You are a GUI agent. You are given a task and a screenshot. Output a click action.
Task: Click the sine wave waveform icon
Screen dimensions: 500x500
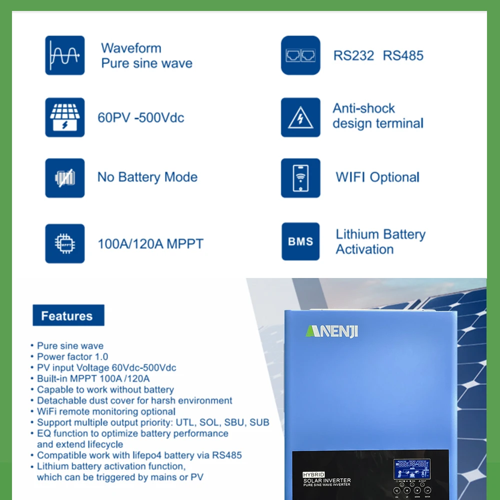(64, 55)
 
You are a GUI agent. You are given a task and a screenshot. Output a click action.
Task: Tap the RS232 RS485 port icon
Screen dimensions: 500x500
(300, 55)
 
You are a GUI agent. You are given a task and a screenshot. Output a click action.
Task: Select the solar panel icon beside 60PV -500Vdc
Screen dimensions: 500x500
(64, 117)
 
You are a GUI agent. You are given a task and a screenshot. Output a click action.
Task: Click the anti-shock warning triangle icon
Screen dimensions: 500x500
(300, 117)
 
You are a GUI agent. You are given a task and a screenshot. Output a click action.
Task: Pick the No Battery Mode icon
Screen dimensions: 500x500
(64, 177)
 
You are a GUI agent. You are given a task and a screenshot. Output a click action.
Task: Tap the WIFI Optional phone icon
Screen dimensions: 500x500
(300, 177)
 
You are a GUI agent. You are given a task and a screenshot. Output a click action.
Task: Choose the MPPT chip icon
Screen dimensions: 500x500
(64, 243)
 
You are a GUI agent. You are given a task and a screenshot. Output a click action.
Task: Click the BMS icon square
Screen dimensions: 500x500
(300, 241)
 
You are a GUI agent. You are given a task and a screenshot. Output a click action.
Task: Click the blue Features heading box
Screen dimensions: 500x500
(68, 315)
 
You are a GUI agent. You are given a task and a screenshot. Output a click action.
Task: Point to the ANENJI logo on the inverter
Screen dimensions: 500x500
(332, 331)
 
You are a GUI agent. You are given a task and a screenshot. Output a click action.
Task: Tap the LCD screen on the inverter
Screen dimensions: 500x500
(411, 469)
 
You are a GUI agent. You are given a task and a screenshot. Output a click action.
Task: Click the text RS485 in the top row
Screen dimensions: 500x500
(403, 55)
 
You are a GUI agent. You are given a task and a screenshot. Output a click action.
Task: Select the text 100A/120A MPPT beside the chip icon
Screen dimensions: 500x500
(150, 244)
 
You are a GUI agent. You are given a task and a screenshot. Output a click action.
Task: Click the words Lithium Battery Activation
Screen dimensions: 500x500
(380, 241)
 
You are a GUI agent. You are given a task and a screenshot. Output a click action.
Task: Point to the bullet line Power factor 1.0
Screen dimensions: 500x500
(72, 356)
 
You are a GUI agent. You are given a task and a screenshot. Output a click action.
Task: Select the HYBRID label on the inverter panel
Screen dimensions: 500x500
(313, 474)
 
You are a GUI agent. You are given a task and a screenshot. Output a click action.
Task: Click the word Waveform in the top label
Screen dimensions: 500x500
(131, 48)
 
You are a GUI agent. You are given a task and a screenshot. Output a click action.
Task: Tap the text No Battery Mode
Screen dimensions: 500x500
(147, 177)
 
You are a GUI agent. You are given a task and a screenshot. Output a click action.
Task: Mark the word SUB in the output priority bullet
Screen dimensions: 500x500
(259, 422)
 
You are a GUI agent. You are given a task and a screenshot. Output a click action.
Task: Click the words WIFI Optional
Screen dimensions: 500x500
(377, 177)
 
